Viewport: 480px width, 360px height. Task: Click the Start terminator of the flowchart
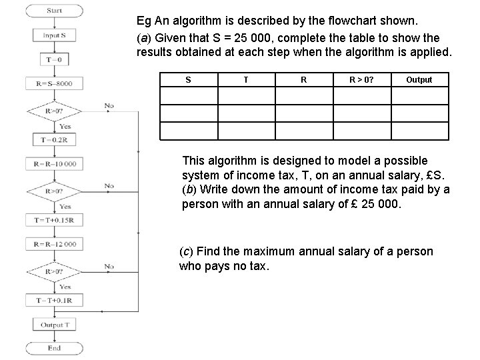pos(55,10)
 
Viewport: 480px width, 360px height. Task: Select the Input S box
pos(55,35)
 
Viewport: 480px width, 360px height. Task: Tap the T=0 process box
pos(55,59)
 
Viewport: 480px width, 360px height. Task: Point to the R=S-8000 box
pos(55,84)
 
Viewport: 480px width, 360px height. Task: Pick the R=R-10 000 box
pos(55,163)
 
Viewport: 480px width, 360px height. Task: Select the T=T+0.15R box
pos(55,220)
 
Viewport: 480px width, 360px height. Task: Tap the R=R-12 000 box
pos(55,244)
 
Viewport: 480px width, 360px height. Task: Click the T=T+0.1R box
pos(55,301)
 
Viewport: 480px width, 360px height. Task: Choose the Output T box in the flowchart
pos(55,325)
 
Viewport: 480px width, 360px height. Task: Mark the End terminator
pos(55,347)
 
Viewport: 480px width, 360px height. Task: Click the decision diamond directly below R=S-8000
pos(55,111)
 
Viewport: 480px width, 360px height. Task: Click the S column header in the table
pos(188,80)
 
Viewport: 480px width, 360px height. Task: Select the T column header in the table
pos(246,80)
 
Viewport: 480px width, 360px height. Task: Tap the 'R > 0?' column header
pos(362,80)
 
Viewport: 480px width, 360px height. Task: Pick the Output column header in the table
pos(419,80)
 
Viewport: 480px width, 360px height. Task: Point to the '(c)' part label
pos(187,252)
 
